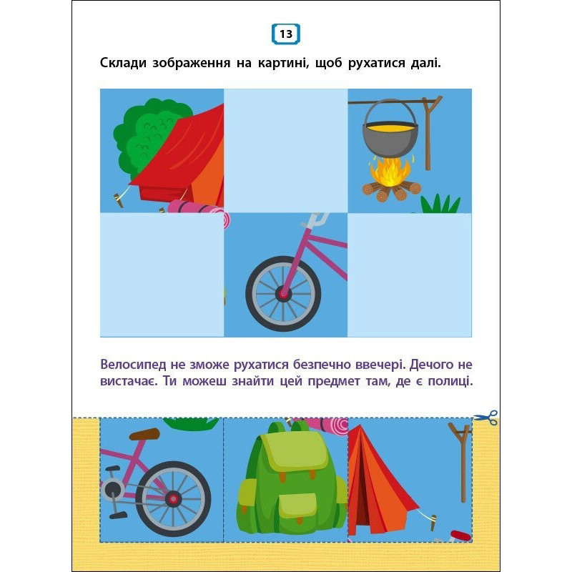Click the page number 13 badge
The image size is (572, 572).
click(286, 34)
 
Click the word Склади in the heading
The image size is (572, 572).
click(123, 63)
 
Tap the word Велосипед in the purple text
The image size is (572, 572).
click(133, 364)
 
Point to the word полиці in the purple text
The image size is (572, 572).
click(450, 382)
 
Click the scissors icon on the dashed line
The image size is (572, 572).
click(486, 418)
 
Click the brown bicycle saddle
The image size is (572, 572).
click(144, 434)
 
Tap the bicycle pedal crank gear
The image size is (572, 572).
click(112, 489)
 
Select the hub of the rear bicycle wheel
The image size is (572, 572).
click(173, 498)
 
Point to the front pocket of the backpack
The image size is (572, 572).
click(297, 506)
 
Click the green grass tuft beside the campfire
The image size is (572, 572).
click(440, 204)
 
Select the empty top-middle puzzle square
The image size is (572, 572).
click(285, 151)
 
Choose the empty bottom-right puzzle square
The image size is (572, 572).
click(409, 275)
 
